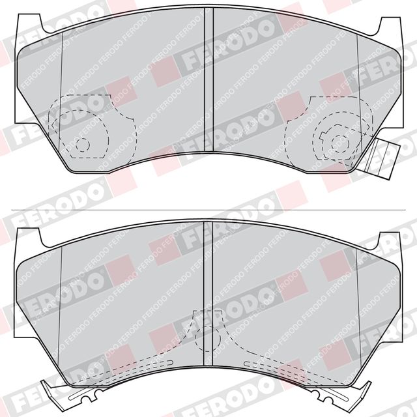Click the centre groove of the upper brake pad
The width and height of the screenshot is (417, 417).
[208, 79]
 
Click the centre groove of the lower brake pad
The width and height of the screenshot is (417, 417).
[208, 293]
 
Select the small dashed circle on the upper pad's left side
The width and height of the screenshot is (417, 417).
[83, 145]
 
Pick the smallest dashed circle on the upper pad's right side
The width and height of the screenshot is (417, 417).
[340, 143]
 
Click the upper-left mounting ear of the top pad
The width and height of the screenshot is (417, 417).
[29, 23]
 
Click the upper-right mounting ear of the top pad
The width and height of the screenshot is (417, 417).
[389, 26]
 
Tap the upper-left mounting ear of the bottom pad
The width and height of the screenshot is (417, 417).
[29, 237]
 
